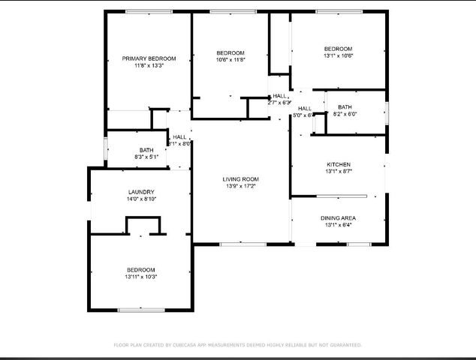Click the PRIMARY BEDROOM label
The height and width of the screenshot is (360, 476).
149,58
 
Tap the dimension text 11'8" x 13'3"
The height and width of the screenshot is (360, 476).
149,66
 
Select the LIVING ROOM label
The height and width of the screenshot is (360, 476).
241,178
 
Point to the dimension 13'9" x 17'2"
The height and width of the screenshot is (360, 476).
241,186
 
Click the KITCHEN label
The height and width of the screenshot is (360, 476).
338,164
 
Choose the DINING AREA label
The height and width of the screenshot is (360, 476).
338,217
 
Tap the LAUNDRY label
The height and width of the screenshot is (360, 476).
141,192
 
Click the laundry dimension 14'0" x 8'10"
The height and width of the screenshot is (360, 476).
141,199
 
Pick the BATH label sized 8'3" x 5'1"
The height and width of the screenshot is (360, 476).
146,150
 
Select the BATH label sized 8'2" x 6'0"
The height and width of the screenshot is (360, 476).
345,107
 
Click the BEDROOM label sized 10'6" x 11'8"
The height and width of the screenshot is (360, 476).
230,52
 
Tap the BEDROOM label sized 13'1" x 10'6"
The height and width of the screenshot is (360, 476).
338,48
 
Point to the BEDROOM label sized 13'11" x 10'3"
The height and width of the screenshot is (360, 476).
140,270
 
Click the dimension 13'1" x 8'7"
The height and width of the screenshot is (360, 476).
338,172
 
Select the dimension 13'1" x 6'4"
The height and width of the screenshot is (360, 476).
338,225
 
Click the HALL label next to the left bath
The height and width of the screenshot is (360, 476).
179,136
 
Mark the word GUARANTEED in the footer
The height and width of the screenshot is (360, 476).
342,345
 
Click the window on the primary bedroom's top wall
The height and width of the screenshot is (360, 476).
149,11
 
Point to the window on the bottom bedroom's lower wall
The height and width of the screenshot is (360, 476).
141,309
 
